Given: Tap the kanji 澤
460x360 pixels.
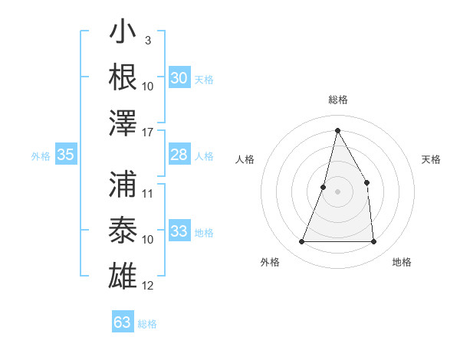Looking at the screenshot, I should click(x=123, y=122).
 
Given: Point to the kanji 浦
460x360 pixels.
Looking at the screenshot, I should click(x=123, y=184).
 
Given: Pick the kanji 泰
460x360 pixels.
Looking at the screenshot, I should click(x=123, y=229).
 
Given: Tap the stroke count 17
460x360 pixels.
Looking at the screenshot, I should click(x=149, y=131).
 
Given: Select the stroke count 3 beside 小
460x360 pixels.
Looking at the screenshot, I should click(x=147, y=40).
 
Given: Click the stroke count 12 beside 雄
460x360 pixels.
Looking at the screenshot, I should click(x=149, y=286).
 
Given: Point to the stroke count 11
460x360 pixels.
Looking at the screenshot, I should click(x=149, y=193).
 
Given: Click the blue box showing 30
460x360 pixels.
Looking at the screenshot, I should click(x=179, y=77).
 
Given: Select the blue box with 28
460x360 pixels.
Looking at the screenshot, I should click(x=179, y=155).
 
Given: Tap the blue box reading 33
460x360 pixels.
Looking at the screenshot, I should click(x=179, y=231).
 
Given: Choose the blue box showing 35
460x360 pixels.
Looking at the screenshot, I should click(x=66, y=155).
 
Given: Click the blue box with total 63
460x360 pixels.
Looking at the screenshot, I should click(x=123, y=322).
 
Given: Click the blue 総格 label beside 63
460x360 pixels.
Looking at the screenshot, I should click(x=148, y=324).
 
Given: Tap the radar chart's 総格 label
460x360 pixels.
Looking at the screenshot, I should click(x=337, y=100).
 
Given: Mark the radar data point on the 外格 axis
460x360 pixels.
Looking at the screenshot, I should click(x=301, y=242).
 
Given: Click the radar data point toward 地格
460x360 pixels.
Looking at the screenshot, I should click(x=374, y=242).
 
